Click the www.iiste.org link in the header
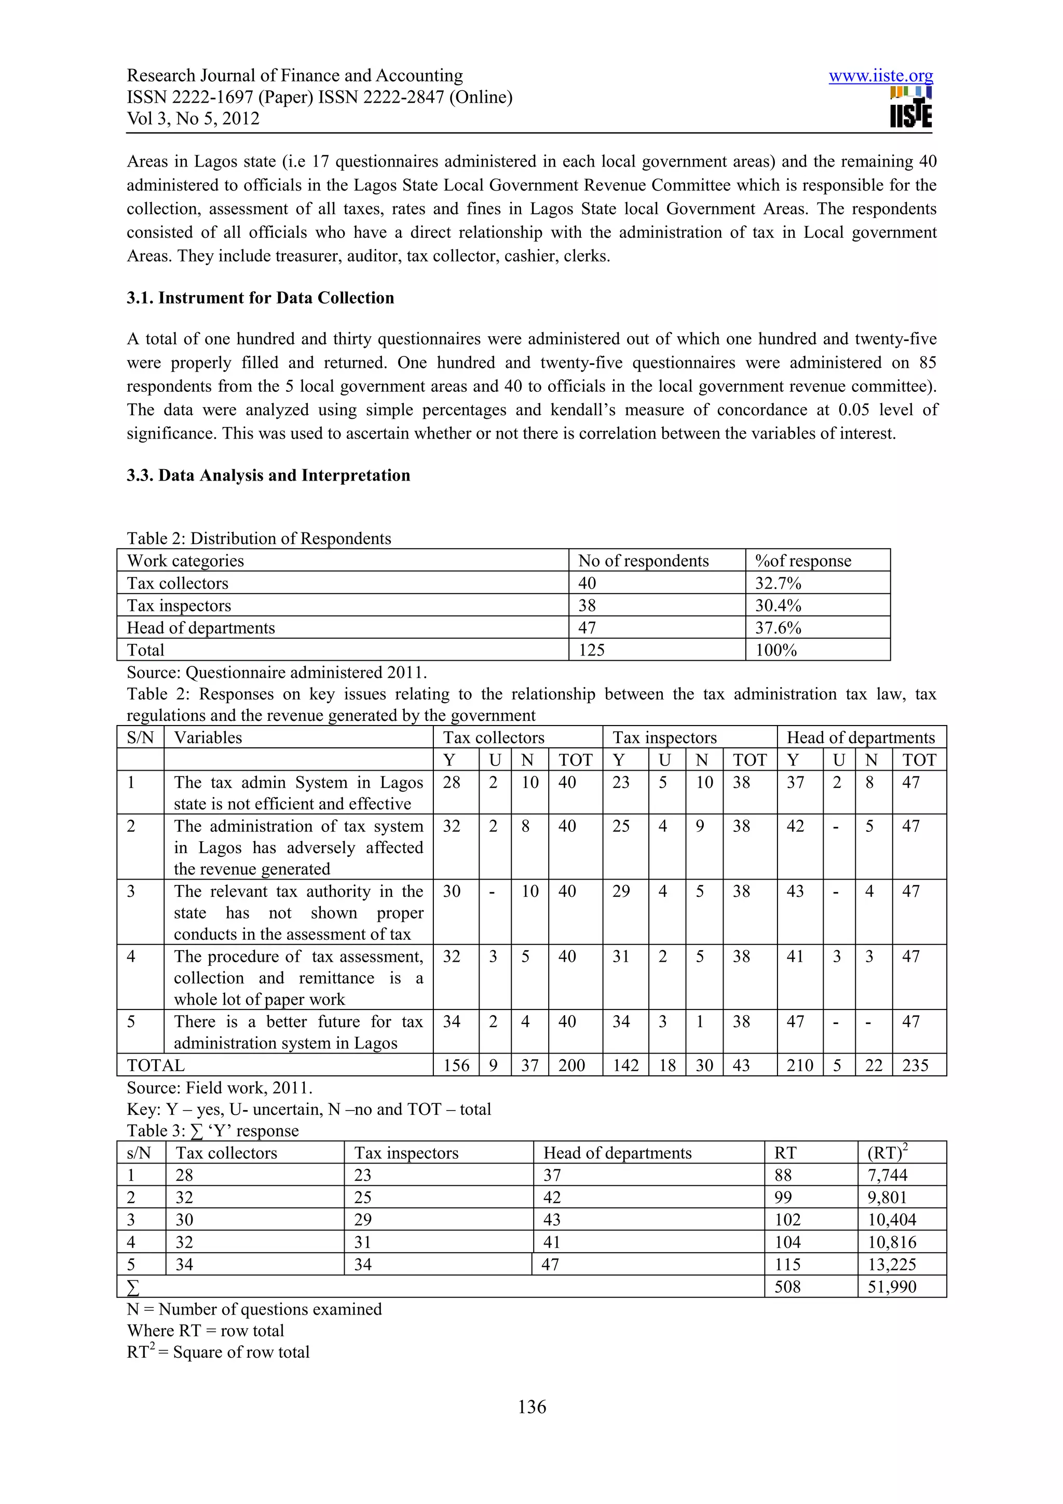tap(880, 76)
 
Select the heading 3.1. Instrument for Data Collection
tap(260, 298)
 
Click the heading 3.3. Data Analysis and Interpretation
tap(268, 475)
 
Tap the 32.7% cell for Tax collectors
tap(778, 583)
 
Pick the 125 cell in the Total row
tap(591, 650)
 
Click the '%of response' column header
tap(802, 560)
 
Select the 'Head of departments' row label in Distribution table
tap(200, 627)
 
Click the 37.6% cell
tap(778, 627)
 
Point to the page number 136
tap(531, 1407)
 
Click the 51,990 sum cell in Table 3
tap(891, 1287)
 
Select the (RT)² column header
tap(887, 1152)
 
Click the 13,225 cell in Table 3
tap(891, 1264)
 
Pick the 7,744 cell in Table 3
tap(887, 1175)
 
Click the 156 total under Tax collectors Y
tap(456, 1065)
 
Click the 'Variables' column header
tap(208, 737)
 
